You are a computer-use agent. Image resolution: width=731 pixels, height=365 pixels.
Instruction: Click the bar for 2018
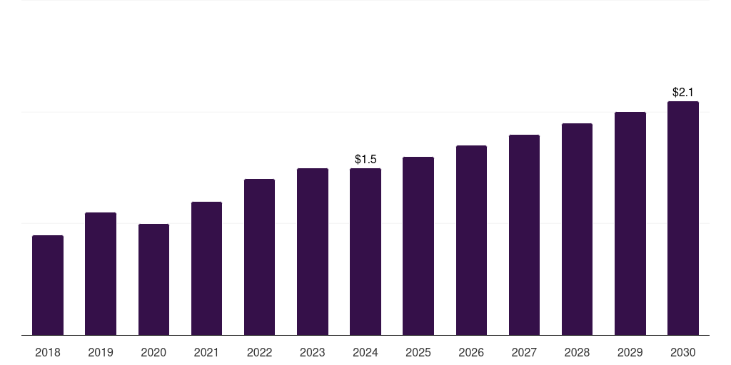coord(48,285)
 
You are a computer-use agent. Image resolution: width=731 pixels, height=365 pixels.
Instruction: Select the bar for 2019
coord(101,274)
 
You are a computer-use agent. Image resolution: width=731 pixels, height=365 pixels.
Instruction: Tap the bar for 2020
coord(154,279)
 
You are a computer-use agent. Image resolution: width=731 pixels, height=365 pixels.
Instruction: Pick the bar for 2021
coord(206,269)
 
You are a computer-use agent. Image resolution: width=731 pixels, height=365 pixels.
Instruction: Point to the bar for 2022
coord(259,257)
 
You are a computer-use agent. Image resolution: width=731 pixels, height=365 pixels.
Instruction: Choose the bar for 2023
coord(313,252)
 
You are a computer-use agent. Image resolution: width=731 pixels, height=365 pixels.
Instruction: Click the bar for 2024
coord(365,252)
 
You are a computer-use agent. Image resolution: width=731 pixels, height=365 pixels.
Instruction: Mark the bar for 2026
coord(471,240)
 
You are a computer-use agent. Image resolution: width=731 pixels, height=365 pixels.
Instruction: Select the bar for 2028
coord(577,230)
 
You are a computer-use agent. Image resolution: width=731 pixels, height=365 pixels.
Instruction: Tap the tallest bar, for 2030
coord(683,218)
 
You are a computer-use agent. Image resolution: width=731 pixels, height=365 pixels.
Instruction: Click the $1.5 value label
coord(365,159)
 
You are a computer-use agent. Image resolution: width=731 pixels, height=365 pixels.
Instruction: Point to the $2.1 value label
coord(683,92)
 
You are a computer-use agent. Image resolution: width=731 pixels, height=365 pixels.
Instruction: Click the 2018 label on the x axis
coord(48,352)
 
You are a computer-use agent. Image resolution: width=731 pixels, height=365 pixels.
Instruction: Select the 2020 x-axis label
coord(153,352)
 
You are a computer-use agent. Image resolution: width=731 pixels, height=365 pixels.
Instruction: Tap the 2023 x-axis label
coord(313,352)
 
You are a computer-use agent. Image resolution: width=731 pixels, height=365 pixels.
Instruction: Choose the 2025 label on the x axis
coord(418,352)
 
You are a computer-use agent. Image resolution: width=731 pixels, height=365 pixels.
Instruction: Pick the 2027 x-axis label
coord(524,352)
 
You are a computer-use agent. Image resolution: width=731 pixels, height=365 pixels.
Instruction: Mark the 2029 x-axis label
coord(630,352)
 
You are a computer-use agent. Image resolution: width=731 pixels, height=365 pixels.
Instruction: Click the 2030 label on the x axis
coord(683,352)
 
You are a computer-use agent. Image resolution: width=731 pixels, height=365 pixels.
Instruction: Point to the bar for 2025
coord(418,246)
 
